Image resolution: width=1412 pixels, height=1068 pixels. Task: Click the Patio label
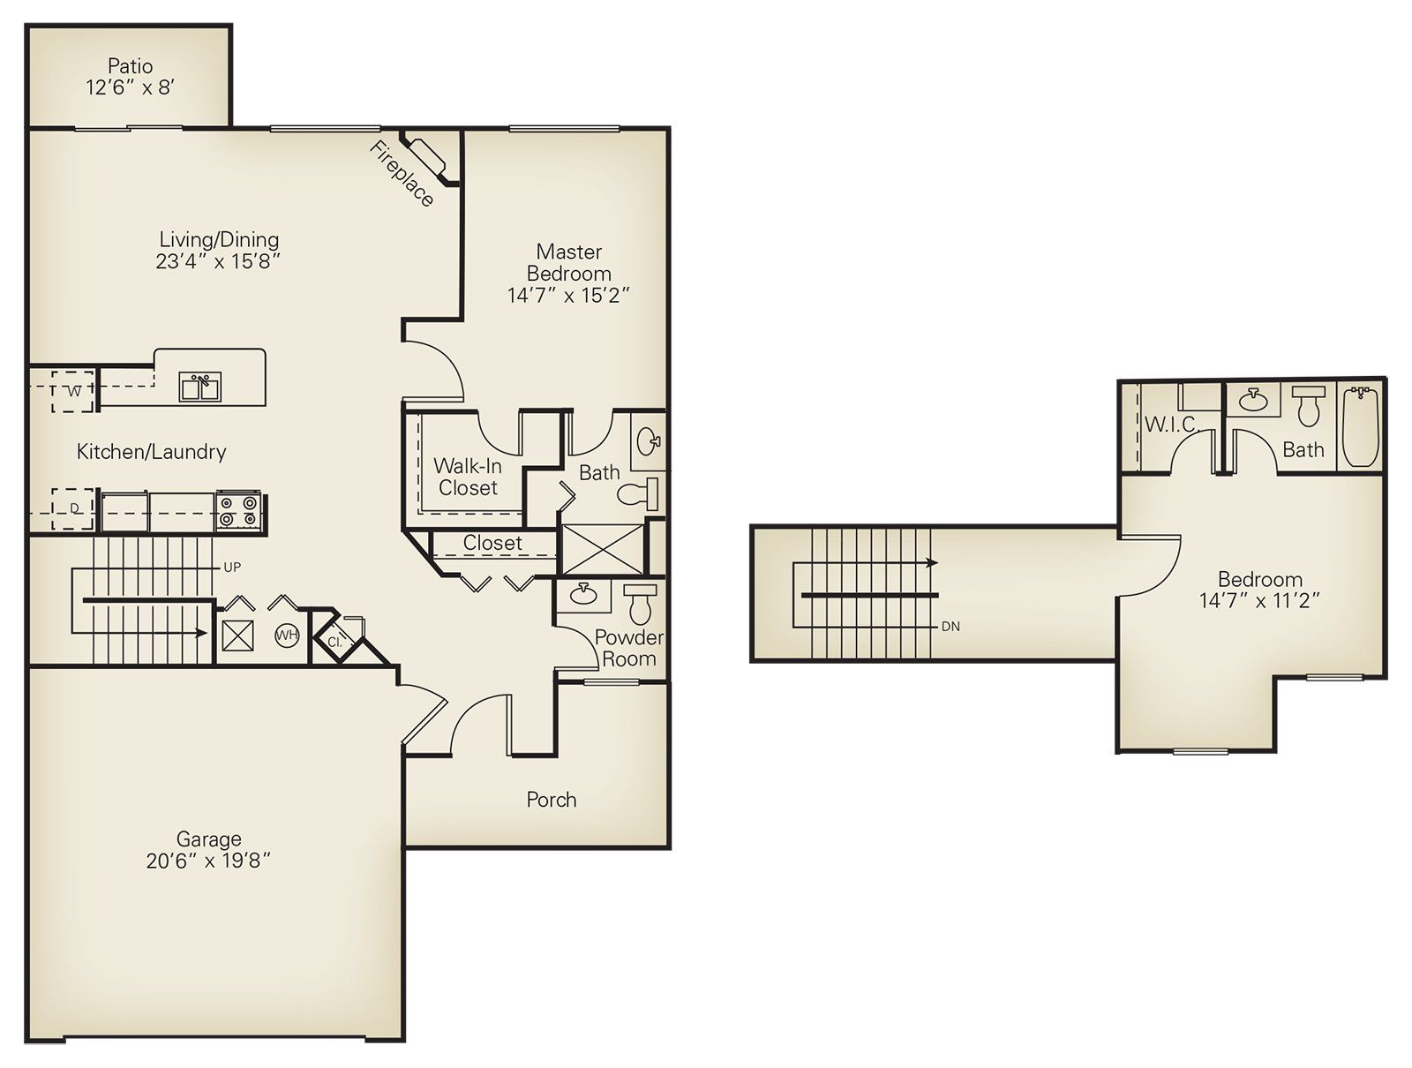click(x=131, y=66)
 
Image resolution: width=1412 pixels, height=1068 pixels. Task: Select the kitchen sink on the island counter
click(x=200, y=387)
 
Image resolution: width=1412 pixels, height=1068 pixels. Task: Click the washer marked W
click(x=74, y=391)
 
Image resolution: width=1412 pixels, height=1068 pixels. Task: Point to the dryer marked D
click(x=74, y=508)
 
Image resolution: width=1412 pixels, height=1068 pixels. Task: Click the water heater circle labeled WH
click(x=287, y=635)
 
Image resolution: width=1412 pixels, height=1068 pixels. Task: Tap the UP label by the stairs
click(x=232, y=568)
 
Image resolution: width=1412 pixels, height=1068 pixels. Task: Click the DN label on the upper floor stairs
click(x=950, y=627)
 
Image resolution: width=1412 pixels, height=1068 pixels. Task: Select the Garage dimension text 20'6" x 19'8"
click(x=208, y=861)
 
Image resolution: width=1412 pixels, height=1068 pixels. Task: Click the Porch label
click(x=552, y=800)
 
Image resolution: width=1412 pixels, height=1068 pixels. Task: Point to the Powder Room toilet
click(x=638, y=604)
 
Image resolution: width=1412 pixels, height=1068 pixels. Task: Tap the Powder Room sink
click(x=582, y=593)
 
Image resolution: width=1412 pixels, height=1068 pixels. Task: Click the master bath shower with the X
click(x=602, y=549)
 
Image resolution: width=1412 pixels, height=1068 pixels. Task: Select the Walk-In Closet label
click(x=468, y=477)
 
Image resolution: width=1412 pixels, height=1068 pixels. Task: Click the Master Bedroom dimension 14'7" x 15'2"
click(x=568, y=296)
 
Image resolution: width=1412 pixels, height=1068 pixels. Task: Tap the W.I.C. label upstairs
click(x=1171, y=425)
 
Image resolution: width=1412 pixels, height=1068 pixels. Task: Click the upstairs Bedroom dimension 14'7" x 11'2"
click(x=1259, y=601)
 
